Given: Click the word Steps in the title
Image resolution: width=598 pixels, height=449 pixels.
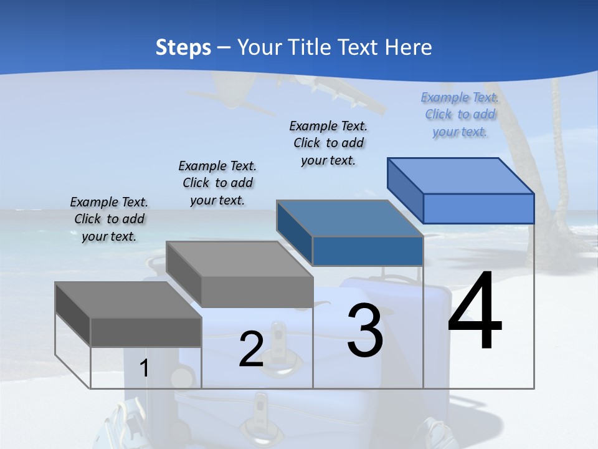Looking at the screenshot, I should [183, 47].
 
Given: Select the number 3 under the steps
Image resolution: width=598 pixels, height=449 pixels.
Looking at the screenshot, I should [364, 331].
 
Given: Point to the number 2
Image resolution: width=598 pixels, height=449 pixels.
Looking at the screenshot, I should [251, 349].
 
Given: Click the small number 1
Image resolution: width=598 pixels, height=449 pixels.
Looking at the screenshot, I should [145, 369].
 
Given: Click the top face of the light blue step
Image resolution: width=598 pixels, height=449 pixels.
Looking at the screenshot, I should [461, 175].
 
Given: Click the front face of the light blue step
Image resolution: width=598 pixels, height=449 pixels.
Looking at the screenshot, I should [478, 208].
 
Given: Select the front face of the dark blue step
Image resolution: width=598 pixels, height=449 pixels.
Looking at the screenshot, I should [368, 251].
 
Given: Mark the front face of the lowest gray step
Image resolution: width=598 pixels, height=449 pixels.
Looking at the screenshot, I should [146, 332].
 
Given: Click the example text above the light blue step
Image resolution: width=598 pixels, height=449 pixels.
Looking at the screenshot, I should [460, 114].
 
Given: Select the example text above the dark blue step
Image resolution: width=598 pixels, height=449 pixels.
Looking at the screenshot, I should [328, 143].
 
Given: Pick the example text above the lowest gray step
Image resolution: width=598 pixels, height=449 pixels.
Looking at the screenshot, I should [109, 219].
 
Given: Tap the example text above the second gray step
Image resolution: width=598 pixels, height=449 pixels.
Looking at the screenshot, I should [217, 183].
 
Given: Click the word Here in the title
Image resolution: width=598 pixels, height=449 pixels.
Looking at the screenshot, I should [409, 47].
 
